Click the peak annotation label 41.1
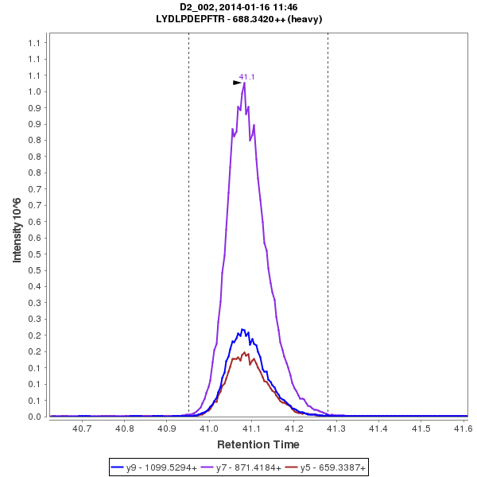click(x=246, y=77)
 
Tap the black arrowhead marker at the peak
click(x=237, y=82)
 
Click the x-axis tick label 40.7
click(x=82, y=429)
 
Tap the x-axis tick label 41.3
click(x=336, y=429)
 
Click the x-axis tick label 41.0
click(x=209, y=429)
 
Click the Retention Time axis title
click(x=258, y=444)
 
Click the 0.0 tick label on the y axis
click(x=34, y=417)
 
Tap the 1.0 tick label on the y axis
click(x=34, y=91)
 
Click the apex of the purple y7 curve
click(x=244, y=83)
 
